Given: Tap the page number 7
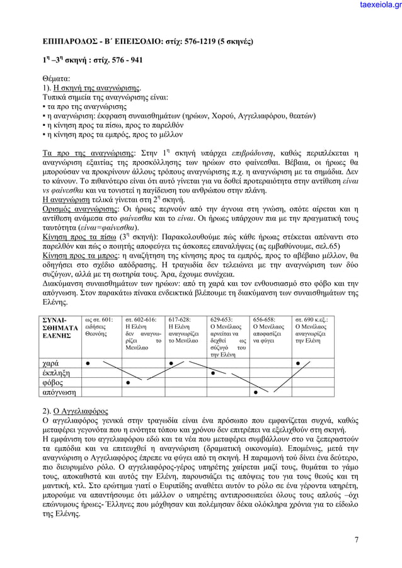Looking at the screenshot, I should [357, 539].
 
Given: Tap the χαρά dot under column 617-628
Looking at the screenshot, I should [171, 363].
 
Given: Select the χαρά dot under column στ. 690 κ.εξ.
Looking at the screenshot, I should [297, 363].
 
